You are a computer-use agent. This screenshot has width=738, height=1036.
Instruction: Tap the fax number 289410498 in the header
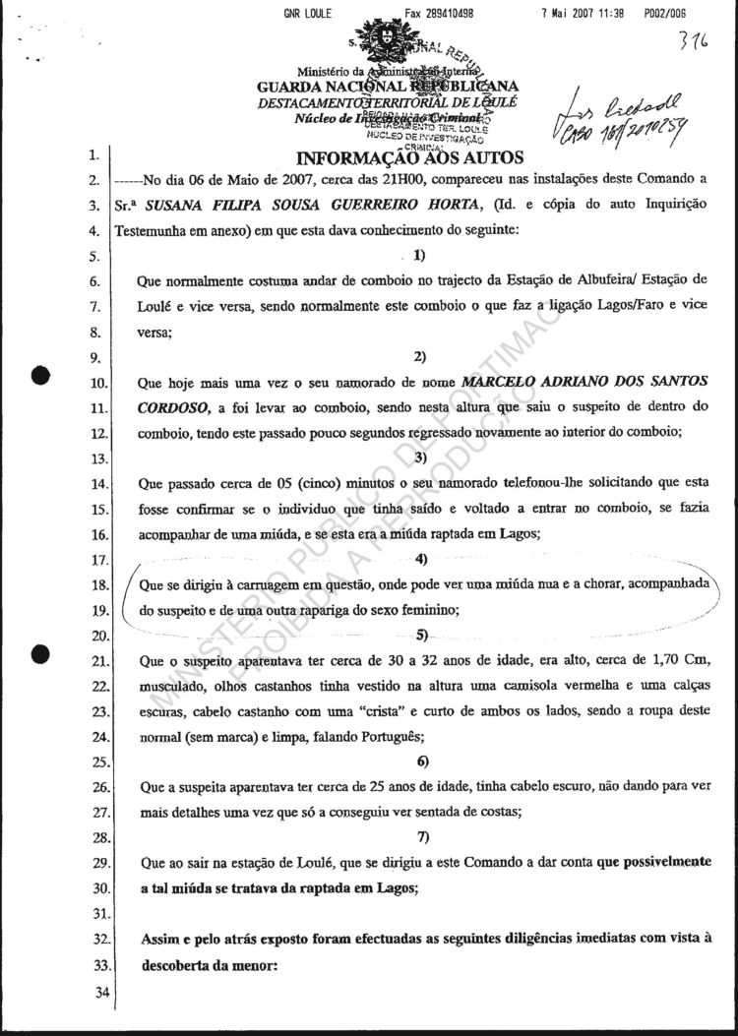(441, 14)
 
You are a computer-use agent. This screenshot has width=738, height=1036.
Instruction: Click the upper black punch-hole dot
(40, 378)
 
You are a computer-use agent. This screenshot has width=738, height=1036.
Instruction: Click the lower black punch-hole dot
(40, 652)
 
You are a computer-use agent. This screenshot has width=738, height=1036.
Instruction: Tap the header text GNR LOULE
(307, 14)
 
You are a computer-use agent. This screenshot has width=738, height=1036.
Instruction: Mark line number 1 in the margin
(92, 155)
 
